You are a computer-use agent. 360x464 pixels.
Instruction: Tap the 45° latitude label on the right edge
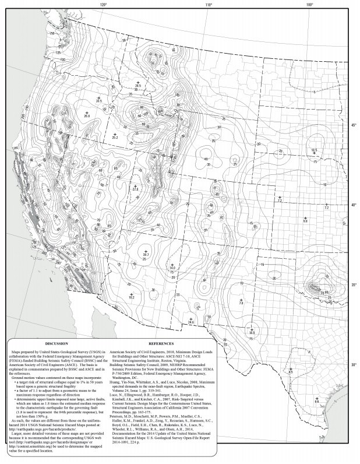(354, 125)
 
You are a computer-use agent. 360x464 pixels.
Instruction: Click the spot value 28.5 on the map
(138, 86)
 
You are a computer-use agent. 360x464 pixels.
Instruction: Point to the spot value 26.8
(87, 117)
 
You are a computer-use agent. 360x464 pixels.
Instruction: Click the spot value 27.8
(136, 189)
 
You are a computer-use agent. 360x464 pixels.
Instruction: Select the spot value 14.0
(172, 266)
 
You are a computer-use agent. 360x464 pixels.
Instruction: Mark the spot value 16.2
(132, 297)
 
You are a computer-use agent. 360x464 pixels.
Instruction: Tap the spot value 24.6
(190, 321)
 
